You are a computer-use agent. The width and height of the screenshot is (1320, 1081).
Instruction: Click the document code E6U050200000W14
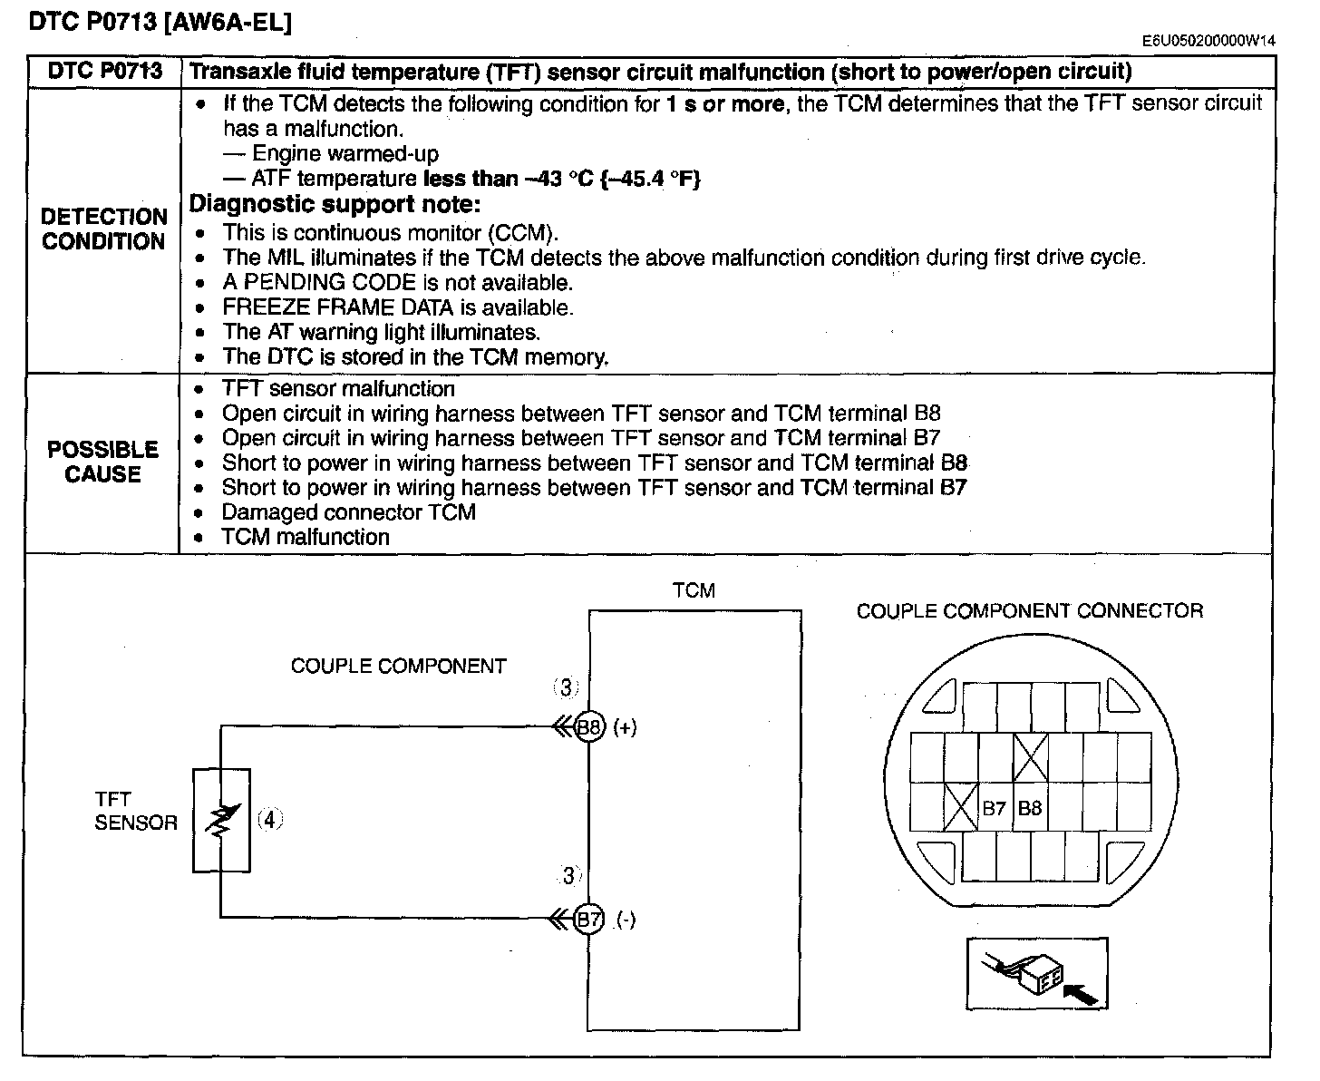point(1208,41)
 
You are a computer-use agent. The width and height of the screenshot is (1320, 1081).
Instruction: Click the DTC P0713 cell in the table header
point(104,71)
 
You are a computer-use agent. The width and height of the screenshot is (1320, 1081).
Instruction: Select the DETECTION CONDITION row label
point(104,229)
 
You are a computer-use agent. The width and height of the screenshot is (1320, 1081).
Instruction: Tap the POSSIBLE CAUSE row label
point(102,462)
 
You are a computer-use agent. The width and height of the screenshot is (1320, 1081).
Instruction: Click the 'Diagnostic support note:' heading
point(335,204)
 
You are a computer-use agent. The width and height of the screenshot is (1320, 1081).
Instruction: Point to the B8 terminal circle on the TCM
point(589,726)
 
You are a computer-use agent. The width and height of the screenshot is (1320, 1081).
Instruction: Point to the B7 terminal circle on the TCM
point(588,919)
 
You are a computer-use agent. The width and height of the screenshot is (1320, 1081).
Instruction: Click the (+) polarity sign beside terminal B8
point(625,727)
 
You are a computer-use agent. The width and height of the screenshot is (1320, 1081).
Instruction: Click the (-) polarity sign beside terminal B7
point(626,920)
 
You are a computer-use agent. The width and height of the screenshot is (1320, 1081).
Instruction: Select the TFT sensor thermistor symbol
point(221,820)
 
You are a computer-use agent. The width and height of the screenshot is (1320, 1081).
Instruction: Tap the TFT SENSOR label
point(136,811)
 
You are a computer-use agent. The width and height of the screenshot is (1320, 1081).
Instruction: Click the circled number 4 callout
point(270,819)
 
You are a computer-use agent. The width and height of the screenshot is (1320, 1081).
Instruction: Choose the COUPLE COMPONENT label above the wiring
point(398,666)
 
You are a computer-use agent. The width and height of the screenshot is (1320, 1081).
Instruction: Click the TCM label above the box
point(694,590)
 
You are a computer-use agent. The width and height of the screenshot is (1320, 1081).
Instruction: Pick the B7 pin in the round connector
point(995,807)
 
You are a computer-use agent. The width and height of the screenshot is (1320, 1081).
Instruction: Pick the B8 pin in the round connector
point(1030,807)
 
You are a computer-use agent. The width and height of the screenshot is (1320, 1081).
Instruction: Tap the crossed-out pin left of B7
point(961,807)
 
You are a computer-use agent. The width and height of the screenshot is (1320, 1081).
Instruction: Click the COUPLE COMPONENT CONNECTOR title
point(1030,611)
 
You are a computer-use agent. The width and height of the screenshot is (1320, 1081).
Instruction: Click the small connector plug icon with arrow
point(1037,973)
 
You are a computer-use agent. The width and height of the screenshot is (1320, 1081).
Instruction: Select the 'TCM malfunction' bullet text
point(306,537)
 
